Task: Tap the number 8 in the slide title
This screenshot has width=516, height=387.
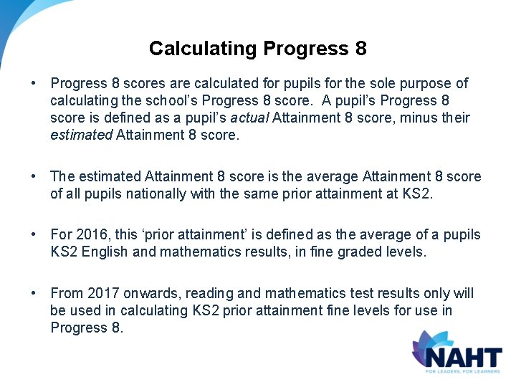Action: tap(360, 49)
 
